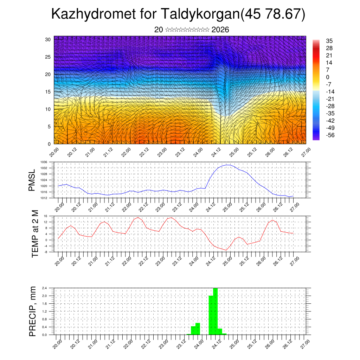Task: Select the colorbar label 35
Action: coord(329,41)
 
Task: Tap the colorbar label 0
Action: coord(328,77)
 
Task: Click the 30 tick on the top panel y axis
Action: coord(48,39)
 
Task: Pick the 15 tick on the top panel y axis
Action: coord(48,92)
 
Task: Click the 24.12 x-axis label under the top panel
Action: coord(214,153)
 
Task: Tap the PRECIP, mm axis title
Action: coord(33,311)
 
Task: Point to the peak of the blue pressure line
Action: coord(228,165)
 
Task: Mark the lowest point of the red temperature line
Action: coord(226,250)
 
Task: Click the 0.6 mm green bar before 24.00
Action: coord(198,329)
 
